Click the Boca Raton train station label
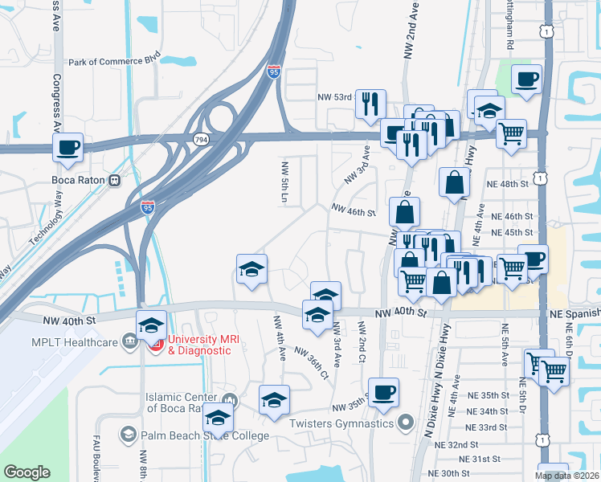pyautogui.click(x=79, y=180)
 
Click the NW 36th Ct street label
pyautogui.click(x=312, y=362)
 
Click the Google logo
pyautogui.click(x=27, y=472)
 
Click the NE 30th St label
pyautogui.click(x=448, y=473)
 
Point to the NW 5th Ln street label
pyautogui.click(x=284, y=182)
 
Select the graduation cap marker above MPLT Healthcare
pyautogui.click(x=151, y=325)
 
